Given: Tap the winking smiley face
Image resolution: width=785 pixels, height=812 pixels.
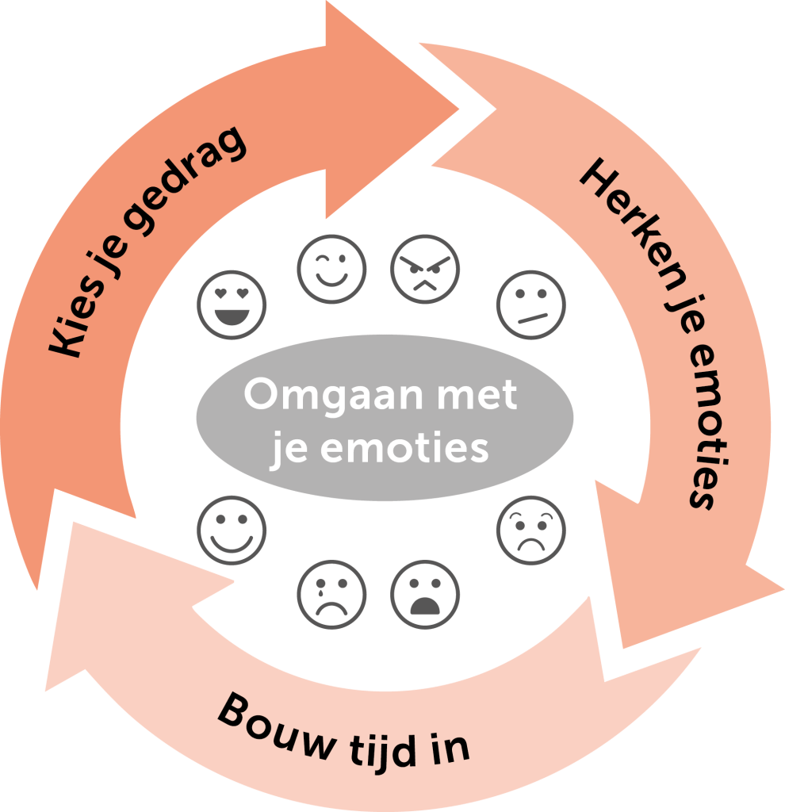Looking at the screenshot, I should (x=331, y=269).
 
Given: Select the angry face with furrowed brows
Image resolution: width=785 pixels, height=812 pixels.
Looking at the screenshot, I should (x=426, y=269).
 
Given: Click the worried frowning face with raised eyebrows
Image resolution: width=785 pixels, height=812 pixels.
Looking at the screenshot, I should (x=531, y=530).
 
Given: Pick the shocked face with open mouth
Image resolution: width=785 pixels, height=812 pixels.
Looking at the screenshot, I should (x=426, y=594).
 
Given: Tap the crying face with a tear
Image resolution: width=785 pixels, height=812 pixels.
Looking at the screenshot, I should (x=331, y=594).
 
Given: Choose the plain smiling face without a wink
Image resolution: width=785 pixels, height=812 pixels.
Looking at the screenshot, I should (x=232, y=530).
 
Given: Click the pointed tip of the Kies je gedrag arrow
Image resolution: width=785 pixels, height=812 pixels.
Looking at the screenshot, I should (x=458, y=106).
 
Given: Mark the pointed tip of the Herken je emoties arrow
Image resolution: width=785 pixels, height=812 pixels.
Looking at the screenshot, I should (x=781, y=591).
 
